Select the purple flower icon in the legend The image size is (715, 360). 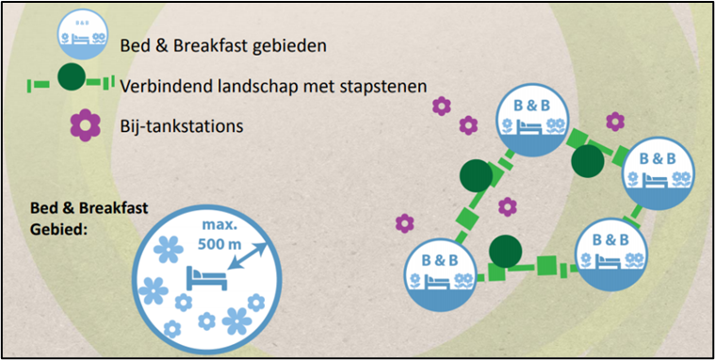86,124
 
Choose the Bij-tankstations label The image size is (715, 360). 182,124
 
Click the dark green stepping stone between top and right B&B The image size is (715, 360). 586,160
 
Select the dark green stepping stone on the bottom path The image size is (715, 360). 506,252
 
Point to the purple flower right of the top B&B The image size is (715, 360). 614,121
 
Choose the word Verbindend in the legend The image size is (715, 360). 166,85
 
